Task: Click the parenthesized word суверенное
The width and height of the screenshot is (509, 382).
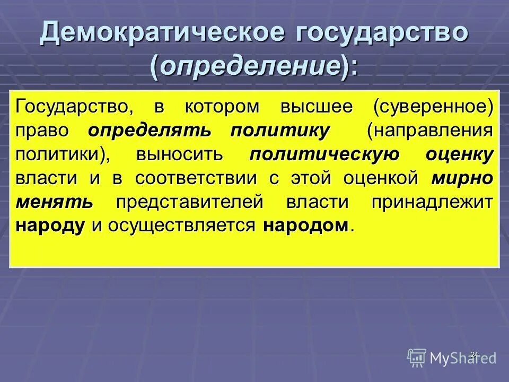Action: pyautogui.click(x=433, y=106)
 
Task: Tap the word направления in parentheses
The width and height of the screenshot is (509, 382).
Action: pyautogui.click(x=430, y=131)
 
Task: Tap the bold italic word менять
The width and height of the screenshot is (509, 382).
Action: pyautogui.click(x=55, y=202)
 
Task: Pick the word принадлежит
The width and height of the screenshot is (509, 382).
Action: pyautogui.click(x=430, y=202)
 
